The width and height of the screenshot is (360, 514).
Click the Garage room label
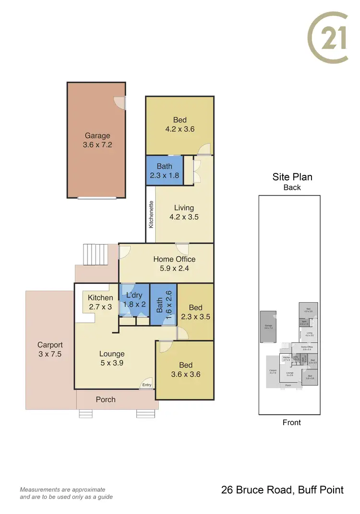pos(97,135)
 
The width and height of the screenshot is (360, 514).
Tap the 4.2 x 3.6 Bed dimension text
pos(180,129)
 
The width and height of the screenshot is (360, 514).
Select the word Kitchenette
pos(151,214)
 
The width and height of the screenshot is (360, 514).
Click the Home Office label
pos(174,259)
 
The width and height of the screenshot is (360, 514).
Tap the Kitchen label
pos(100,298)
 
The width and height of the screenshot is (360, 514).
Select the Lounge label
pos(111,354)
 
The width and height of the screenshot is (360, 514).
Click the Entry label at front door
pos(146,385)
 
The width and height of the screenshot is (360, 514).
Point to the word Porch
pos(105,399)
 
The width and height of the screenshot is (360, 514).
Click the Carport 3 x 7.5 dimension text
pos(50,354)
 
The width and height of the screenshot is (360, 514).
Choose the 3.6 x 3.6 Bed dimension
pos(185,374)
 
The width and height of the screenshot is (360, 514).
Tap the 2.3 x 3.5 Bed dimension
pos(195,317)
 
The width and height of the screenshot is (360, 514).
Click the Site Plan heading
pos(292,177)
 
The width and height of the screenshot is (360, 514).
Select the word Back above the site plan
pos(292,187)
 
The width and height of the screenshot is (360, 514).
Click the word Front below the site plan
pos(291,422)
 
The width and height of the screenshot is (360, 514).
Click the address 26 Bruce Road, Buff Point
pos(282,490)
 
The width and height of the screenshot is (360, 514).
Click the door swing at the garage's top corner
pos(119,102)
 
